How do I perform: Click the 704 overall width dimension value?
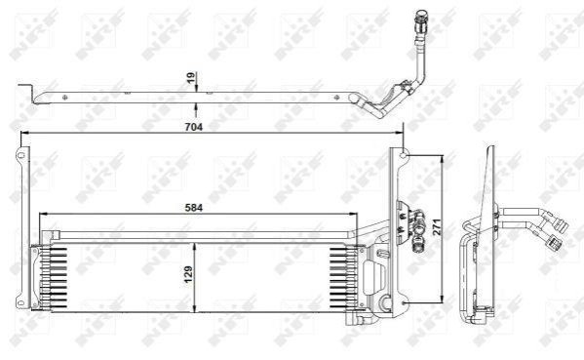point(194,127)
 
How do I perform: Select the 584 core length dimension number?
point(194,208)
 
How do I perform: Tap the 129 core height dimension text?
point(188,274)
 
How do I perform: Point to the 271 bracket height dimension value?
point(437,226)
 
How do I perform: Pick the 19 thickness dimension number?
point(191,77)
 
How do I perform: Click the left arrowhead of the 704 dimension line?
point(24,133)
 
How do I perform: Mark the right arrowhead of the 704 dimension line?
point(400,133)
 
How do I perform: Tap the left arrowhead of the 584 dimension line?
point(43,214)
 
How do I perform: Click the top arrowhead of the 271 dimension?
point(442,159)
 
